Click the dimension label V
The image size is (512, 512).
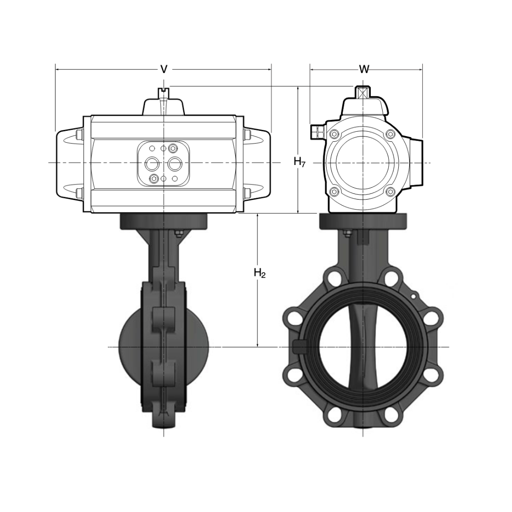[x=164, y=69]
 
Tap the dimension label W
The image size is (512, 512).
[x=364, y=69]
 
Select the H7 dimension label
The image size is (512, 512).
[x=299, y=162]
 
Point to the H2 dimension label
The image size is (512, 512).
[x=259, y=273]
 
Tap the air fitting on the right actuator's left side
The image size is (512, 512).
[x=317, y=131]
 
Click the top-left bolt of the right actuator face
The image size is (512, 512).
[x=334, y=134]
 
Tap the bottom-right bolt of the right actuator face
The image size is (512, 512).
[x=391, y=192]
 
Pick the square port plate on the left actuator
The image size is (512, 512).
[x=164, y=164]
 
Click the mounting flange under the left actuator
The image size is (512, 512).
[x=164, y=221]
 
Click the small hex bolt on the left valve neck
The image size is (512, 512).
[x=179, y=232]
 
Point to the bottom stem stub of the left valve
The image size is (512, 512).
[x=164, y=420]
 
